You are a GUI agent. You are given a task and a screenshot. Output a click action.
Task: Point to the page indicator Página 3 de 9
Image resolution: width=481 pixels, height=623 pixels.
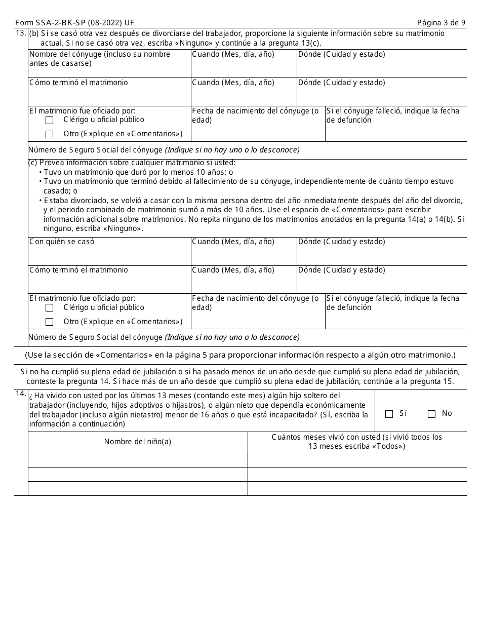pyautogui.click(x=441, y=23)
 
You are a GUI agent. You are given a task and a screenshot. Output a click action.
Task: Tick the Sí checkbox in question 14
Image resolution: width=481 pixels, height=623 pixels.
pyautogui.click(x=389, y=414)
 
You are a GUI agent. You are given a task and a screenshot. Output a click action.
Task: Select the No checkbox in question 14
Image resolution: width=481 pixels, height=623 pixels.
pyautogui.click(x=431, y=414)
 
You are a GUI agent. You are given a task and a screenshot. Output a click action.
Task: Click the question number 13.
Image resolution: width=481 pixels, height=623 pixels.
pyautogui.click(x=20, y=33)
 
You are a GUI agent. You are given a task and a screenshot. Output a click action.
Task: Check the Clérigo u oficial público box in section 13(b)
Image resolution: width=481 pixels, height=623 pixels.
pyautogui.click(x=49, y=121)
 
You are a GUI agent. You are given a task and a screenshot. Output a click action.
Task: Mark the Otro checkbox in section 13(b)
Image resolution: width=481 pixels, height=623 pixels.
pyautogui.click(x=49, y=134)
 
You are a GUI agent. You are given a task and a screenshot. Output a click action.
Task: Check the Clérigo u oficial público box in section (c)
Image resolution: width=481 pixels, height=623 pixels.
pyautogui.click(x=49, y=308)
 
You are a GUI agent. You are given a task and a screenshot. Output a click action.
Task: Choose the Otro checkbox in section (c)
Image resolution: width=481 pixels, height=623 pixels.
pyautogui.click(x=49, y=322)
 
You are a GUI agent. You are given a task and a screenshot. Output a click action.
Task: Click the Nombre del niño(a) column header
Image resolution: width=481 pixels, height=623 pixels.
pyautogui.click(x=138, y=442)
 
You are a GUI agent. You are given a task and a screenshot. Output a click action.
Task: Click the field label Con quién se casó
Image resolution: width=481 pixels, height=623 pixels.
pyautogui.click(x=62, y=242)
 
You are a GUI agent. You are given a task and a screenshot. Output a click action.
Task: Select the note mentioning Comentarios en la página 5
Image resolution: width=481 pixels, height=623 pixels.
pyautogui.click(x=240, y=355)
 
